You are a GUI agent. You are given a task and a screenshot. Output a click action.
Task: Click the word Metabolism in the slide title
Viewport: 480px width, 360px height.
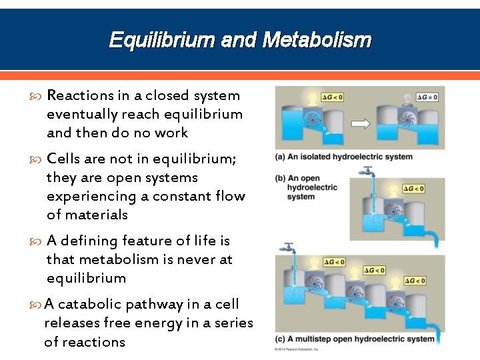(x=317, y=41)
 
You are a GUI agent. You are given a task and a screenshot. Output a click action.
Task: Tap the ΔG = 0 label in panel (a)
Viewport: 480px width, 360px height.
(x=427, y=97)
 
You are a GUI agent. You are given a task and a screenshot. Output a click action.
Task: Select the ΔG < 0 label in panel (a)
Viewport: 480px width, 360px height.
(x=332, y=97)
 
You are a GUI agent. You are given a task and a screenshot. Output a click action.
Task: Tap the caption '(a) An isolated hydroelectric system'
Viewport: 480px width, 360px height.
(x=343, y=157)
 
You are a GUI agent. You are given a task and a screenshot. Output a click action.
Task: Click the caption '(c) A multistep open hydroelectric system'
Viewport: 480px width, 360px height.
(x=355, y=339)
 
